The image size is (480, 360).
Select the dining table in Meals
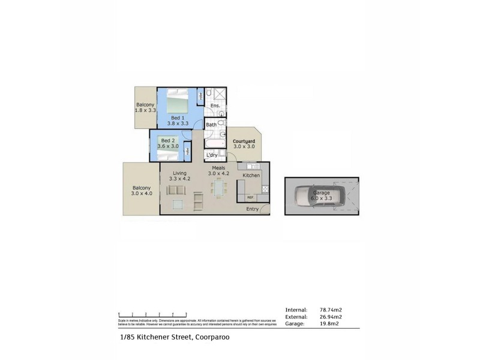[x=217, y=190]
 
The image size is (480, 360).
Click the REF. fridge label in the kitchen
[x=250, y=197]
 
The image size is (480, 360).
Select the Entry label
[x=253, y=209]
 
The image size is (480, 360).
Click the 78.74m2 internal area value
[x=331, y=310]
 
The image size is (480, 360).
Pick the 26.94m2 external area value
[x=331, y=317]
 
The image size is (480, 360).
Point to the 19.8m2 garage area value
[x=329, y=324]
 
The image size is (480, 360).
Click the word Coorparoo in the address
[x=209, y=337]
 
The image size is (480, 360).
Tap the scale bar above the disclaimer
[x=152, y=314]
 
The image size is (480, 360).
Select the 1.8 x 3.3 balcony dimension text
[x=146, y=110]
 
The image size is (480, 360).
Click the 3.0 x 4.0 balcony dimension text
[x=142, y=194]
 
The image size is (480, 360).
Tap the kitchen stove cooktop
[x=265, y=189]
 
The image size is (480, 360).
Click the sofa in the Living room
[x=176, y=190]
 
